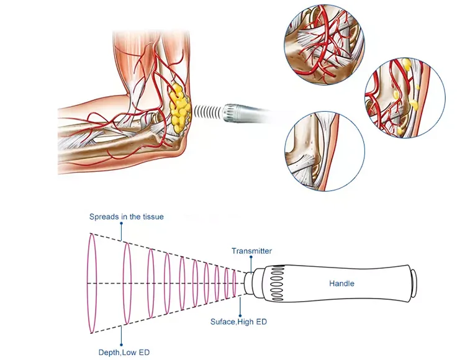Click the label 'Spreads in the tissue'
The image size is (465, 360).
(127, 217)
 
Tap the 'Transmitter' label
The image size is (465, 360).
(251, 251)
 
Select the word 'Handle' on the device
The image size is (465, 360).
(341, 284)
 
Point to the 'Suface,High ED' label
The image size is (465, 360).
(239, 322)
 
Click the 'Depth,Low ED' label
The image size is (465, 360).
(124, 352)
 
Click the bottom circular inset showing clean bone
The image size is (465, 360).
(324, 151)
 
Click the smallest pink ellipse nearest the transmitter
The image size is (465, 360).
(235, 283)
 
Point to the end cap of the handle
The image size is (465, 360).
(415, 284)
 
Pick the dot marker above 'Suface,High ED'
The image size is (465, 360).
(240, 300)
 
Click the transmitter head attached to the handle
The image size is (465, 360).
(249, 283)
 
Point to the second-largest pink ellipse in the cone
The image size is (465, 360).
(128, 283)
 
